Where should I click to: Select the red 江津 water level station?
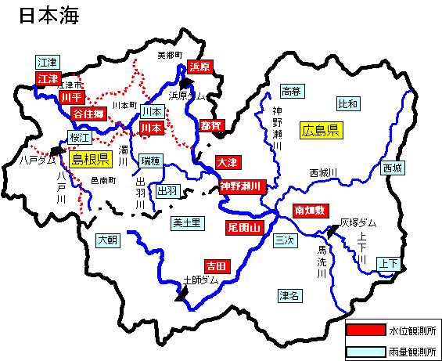[48, 78]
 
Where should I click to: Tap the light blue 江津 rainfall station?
[48, 62]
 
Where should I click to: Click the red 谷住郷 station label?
[88, 114]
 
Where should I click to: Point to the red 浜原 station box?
[200, 67]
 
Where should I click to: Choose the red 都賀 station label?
[210, 125]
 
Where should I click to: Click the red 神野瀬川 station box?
[242, 186]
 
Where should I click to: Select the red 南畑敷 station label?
[311, 210]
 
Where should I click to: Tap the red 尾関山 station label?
[244, 227]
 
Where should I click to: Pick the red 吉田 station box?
[216, 266]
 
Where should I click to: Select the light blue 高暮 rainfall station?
[291, 92]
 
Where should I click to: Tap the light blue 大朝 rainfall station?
[109, 240]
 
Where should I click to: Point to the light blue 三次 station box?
[284, 241]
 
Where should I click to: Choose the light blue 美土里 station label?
[187, 223]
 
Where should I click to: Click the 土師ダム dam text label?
[200, 280]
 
